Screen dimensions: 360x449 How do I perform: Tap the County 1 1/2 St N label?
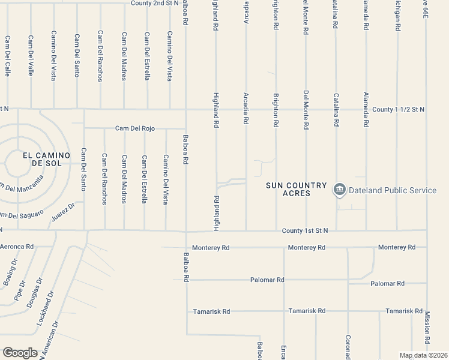click(x=398, y=110)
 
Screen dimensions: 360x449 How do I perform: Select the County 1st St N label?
click(x=305, y=230)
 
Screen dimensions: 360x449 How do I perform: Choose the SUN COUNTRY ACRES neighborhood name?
click(x=297, y=190)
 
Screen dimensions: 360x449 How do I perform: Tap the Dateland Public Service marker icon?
click(x=340, y=190)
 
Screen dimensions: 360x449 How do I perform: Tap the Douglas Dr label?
click(x=35, y=293)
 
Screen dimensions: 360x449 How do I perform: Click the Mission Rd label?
click(x=427, y=328)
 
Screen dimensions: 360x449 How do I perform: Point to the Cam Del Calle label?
click(x=8, y=55)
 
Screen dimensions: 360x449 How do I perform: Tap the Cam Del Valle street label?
click(x=31, y=55)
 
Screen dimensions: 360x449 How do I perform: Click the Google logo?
click(x=20, y=352)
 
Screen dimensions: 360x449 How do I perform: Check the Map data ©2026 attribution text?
click(x=423, y=355)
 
